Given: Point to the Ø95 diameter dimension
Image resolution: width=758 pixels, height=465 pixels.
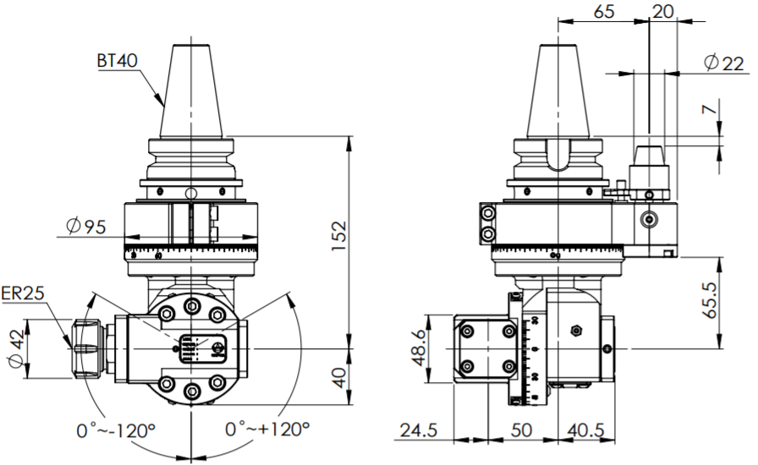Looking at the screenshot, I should pos(85,226).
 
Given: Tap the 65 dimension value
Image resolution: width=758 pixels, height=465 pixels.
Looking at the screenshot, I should pos(604,12).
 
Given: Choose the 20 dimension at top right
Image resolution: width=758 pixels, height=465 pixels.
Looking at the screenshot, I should pos(664,12).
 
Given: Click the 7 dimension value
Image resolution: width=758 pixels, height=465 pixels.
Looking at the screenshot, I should pos(712,109).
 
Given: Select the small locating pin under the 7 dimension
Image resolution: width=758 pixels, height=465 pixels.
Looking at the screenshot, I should pos(649,156).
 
